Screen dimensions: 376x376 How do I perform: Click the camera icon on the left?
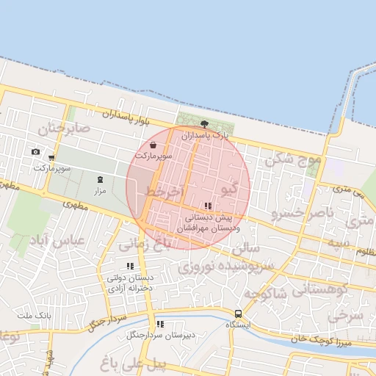(x=35, y=152)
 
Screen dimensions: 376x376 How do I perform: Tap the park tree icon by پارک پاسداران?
(x=203, y=124)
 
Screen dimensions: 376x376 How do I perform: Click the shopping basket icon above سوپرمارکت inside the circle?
(x=153, y=146)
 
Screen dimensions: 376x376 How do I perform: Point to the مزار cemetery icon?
(x=101, y=179)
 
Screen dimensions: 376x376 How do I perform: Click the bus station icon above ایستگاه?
(x=237, y=313)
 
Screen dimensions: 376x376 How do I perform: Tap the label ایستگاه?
(x=238, y=324)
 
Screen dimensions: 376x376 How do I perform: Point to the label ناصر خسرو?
(x=301, y=214)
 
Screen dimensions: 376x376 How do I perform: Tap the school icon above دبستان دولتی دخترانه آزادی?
(x=130, y=266)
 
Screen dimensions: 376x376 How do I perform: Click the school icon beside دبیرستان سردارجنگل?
(x=160, y=324)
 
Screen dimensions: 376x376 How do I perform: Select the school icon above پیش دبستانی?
(x=209, y=206)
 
